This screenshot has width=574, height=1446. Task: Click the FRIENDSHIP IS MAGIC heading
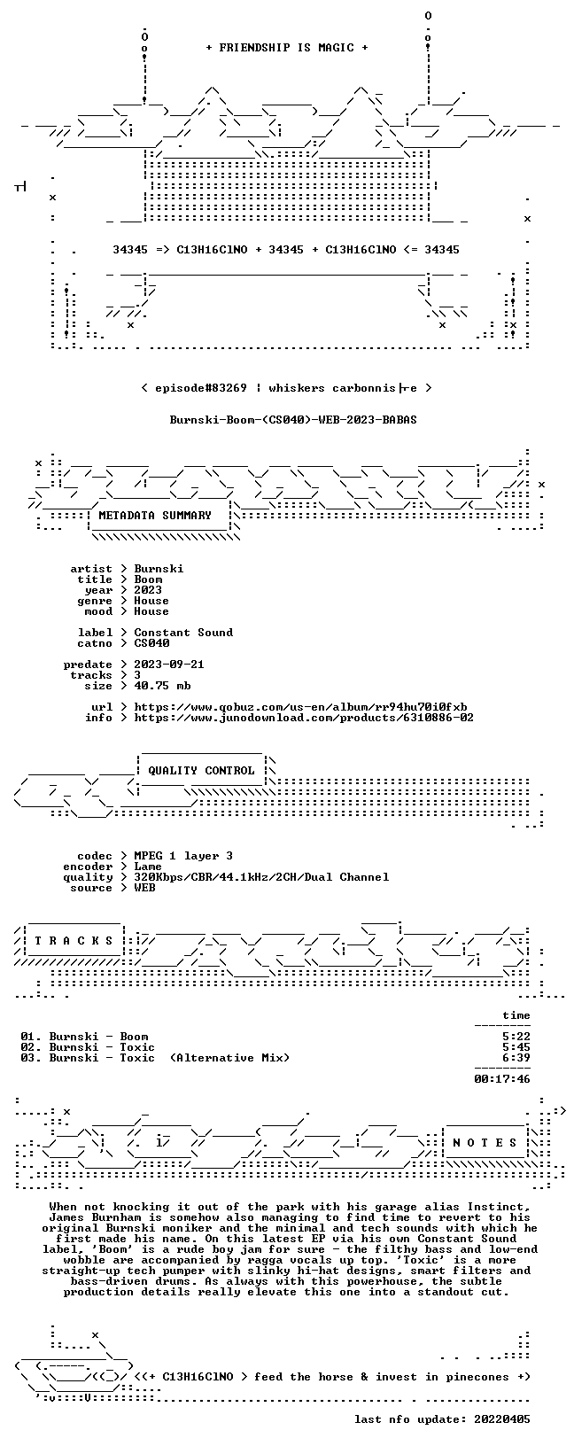[287, 48]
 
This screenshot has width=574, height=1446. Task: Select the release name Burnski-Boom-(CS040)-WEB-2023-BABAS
[293, 420]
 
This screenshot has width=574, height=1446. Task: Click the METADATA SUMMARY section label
[155, 515]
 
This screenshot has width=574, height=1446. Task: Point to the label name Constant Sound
[183, 633]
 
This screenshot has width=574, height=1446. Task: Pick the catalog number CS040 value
[151, 643]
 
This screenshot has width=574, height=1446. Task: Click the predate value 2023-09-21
[169, 665]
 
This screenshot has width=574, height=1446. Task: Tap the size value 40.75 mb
[162, 686]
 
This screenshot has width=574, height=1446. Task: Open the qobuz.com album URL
[300, 707]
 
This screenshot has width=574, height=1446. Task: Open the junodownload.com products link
[304, 718]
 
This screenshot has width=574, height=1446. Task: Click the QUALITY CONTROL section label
[201, 771]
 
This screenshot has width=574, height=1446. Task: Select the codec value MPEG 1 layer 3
[183, 856]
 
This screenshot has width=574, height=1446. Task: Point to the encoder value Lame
[148, 867]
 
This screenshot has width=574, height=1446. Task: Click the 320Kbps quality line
[261, 877]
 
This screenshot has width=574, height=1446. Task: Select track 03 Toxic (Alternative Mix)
[155, 1058]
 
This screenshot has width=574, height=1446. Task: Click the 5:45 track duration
[516, 1047]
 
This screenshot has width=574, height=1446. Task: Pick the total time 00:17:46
[502, 1078]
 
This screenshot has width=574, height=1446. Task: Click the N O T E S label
[485, 1143]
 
